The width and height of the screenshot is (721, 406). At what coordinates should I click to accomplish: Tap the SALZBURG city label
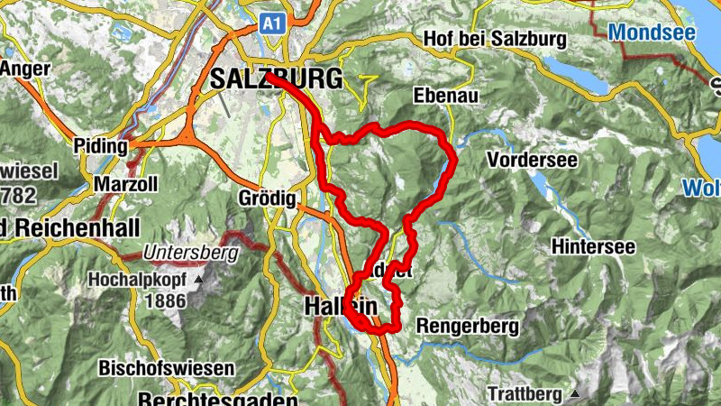point(276,79)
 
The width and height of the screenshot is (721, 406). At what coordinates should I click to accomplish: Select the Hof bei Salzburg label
point(494,40)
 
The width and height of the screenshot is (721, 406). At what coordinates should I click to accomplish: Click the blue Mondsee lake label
point(653,32)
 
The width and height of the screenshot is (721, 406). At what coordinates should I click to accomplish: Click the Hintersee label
point(593,246)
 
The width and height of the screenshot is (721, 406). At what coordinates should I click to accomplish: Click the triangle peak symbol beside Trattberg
point(575,393)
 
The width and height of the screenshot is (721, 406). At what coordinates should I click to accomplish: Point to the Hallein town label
point(341,308)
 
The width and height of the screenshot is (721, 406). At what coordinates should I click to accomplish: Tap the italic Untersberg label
point(189,254)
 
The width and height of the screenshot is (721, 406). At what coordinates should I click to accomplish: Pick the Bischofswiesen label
point(179,369)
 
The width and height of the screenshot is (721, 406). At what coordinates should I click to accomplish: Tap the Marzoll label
point(126,185)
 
